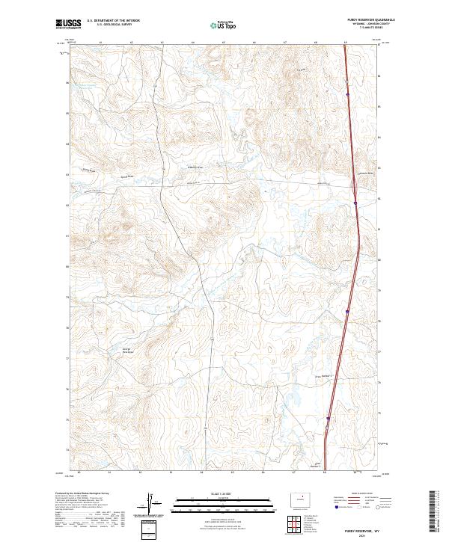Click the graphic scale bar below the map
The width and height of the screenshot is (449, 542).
point(217,502)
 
